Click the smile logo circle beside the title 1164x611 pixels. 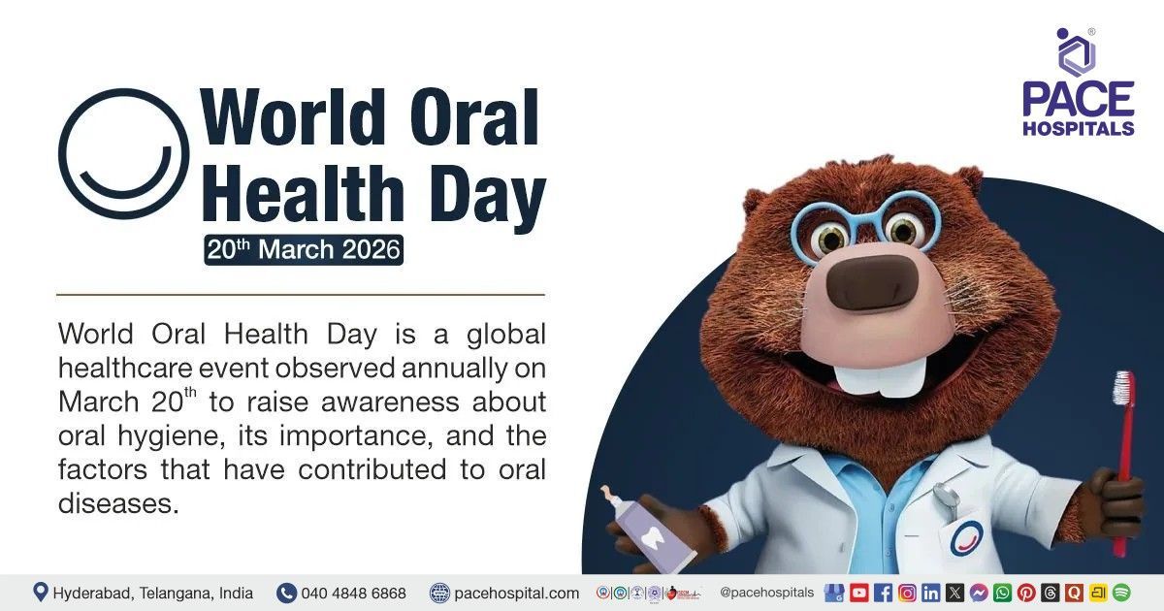click(x=124, y=153)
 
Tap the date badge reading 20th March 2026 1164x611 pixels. click(x=303, y=249)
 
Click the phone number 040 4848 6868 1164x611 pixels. click(x=353, y=593)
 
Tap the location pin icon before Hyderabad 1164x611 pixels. click(x=41, y=592)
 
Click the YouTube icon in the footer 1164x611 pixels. click(x=858, y=593)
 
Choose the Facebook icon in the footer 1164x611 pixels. click(x=883, y=593)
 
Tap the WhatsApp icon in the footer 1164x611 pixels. click(x=1002, y=593)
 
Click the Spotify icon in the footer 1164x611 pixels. click(x=1121, y=593)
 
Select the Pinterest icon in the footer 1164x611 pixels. click(x=1025, y=593)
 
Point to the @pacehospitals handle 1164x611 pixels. click(x=766, y=592)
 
